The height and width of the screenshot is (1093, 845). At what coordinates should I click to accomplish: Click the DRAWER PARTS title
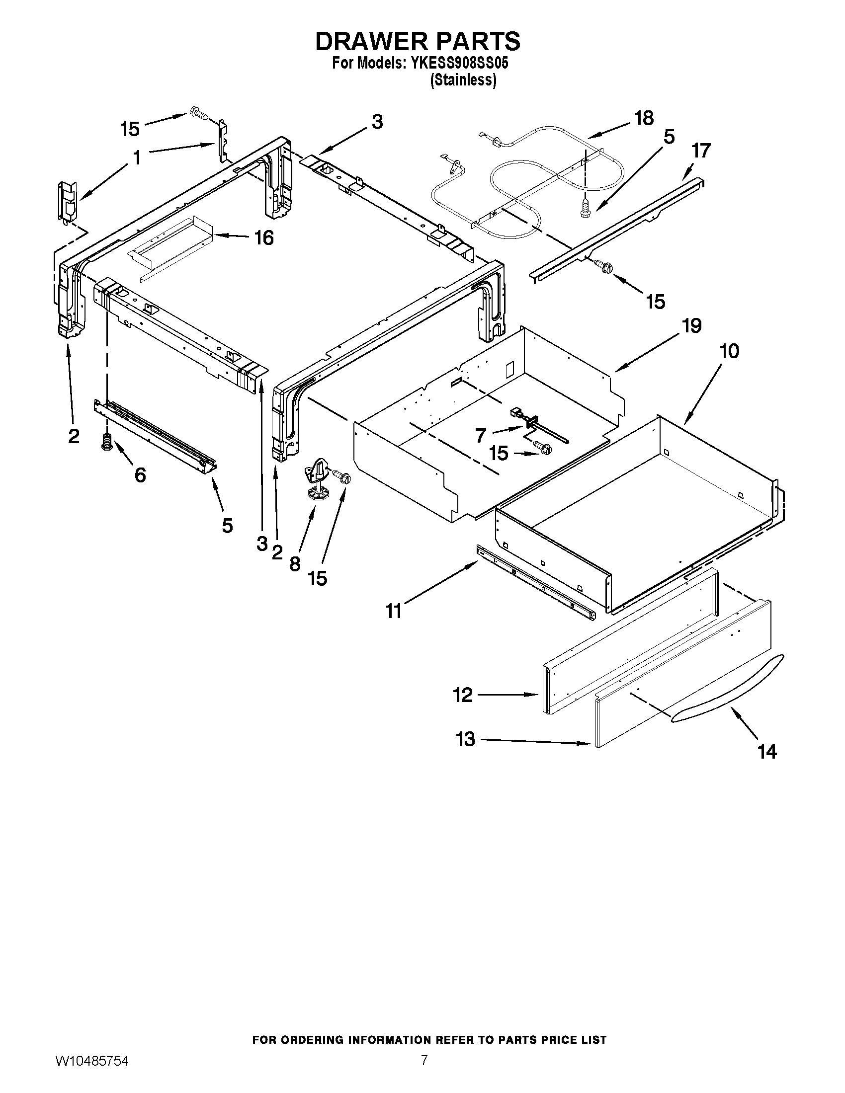click(418, 41)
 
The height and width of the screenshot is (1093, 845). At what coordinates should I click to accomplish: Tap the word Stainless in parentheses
click(464, 80)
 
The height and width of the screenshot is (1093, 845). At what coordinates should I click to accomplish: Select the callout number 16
click(263, 238)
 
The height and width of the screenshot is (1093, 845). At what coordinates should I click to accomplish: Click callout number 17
click(701, 150)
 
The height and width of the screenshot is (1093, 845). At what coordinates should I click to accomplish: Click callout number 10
click(729, 351)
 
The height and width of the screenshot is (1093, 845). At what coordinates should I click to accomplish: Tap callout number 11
click(394, 611)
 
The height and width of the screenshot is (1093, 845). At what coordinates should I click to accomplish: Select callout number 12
click(463, 695)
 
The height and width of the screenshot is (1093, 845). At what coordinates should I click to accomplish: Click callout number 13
click(466, 739)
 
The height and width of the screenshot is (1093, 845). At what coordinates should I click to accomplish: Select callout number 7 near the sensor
click(481, 435)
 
